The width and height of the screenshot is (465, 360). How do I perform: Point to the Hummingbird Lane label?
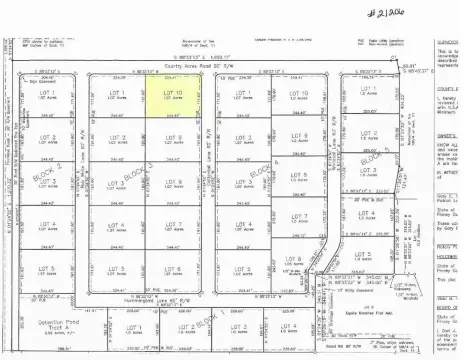click(159, 301)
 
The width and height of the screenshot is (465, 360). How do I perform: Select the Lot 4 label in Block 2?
click(44, 227)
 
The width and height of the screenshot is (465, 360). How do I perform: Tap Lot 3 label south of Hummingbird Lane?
click(236, 328)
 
